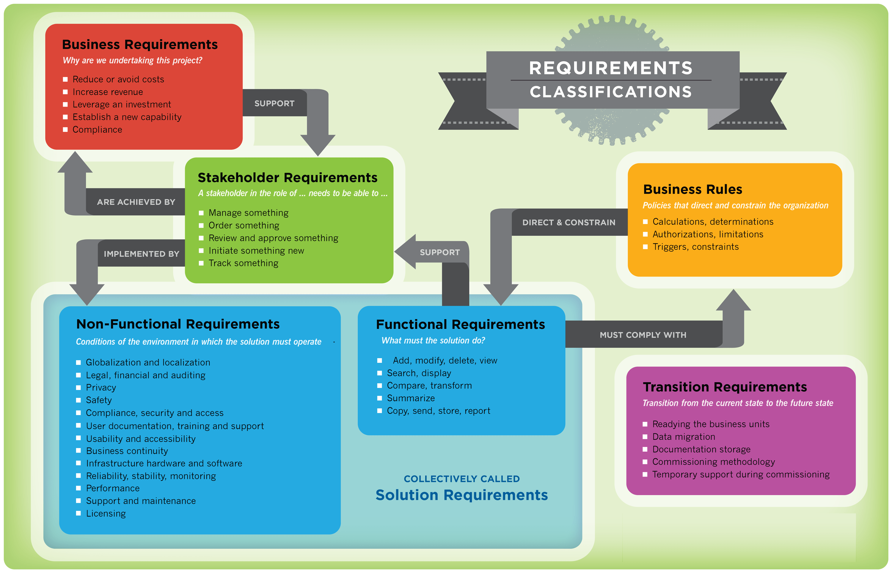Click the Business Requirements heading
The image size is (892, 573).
click(x=140, y=45)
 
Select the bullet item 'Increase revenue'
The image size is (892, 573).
click(x=108, y=92)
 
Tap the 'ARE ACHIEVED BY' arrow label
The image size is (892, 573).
click(x=136, y=202)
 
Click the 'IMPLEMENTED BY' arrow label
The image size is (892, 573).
click(x=141, y=254)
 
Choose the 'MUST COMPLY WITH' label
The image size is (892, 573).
click(x=643, y=335)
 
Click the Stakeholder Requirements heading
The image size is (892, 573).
click(x=287, y=178)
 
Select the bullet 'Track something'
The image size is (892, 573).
click(x=243, y=263)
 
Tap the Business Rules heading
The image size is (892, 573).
click(x=692, y=190)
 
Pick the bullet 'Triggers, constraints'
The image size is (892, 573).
click(x=695, y=247)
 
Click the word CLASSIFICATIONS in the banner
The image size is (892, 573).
click(x=611, y=92)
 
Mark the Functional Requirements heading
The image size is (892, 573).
click(x=460, y=324)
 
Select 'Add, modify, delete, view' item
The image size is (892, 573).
click(x=445, y=360)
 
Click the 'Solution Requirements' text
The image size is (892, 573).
click(x=461, y=495)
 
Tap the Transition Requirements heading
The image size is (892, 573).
click(x=725, y=387)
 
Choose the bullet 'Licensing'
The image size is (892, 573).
click(x=106, y=514)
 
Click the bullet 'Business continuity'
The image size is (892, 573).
click(x=127, y=451)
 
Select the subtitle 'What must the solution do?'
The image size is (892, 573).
click(x=433, y=340)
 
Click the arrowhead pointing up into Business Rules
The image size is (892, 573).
click(x=733, y=301)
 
